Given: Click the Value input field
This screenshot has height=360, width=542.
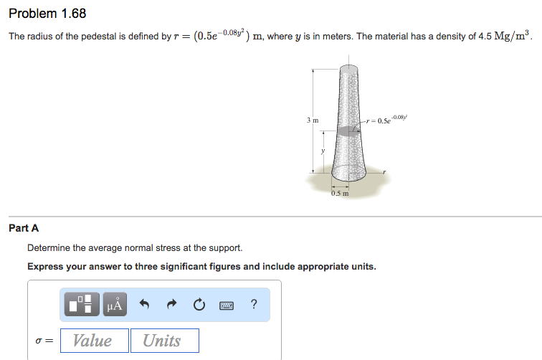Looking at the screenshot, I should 94,341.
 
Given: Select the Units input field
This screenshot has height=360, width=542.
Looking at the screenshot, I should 164,341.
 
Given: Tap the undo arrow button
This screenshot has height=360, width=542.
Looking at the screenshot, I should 144,305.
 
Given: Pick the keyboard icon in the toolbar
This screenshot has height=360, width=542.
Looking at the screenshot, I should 226,305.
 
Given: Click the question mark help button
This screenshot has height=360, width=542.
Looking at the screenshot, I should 254,305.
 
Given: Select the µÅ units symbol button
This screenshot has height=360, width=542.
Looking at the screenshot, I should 115,305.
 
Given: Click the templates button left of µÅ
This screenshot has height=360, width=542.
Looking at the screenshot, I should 82,305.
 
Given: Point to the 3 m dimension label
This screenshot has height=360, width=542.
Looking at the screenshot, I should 313,120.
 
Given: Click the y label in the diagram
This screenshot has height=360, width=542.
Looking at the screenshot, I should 323,150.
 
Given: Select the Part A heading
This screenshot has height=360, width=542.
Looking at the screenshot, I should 24,228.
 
